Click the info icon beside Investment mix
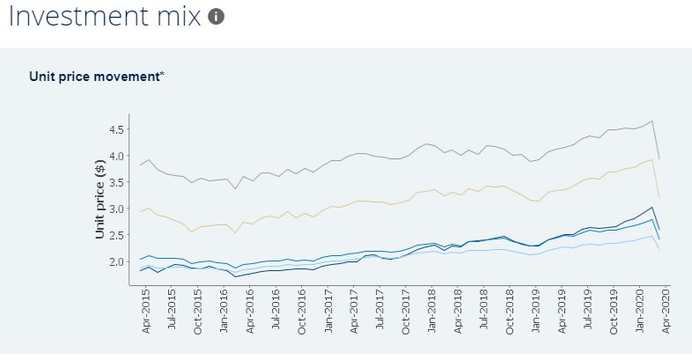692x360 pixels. (x=217, y=17)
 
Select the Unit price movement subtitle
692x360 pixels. (x=96, y=76)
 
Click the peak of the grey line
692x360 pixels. (x=652, y=121)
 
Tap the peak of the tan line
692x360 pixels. (x=651, y=159)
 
